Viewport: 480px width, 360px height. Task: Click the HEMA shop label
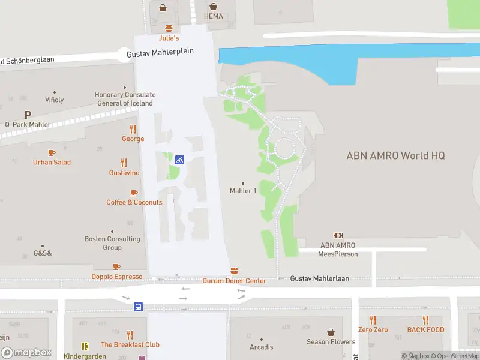tap(213, 16)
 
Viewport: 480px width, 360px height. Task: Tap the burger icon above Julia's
tap(169, 28)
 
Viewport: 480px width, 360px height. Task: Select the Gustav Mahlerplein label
tap(160, 53)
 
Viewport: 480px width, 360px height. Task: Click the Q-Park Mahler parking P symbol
tap(28, 115)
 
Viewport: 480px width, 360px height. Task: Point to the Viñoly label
tap(54, 100)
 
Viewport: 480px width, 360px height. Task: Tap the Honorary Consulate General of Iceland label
tap(125, 99)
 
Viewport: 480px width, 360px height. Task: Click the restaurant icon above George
tap(133, 129)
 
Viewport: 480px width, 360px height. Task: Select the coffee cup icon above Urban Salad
tap(52, 153)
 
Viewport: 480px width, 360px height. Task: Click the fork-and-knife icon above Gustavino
tap(124, 163)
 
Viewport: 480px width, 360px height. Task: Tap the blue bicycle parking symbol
tap(179, 160)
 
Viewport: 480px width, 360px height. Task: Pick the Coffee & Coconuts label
tap(134, 202)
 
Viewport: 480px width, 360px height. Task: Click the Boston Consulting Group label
tap(112, 243)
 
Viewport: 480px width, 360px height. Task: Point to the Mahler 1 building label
tap(243, 191)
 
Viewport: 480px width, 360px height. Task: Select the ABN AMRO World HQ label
tap(396, 155)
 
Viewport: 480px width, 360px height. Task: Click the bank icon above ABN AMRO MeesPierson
tap(338, 236)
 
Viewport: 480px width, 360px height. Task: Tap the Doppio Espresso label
tap(117, 277)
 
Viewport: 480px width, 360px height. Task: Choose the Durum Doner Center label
tap(234, 281)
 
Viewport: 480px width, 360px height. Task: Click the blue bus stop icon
tap(139, 307)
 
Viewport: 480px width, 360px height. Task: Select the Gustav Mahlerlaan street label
tap(319, 278)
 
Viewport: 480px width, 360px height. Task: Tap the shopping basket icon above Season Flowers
tap(331, 332)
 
